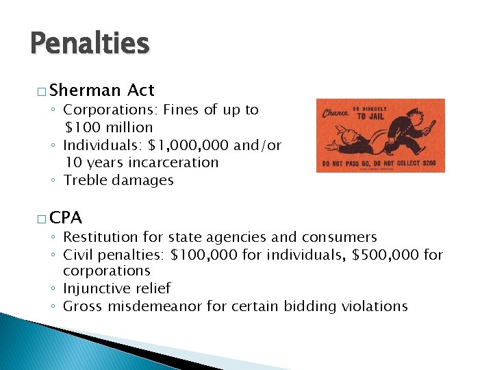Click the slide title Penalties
(90, 43)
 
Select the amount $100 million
(109, 127)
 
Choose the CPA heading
(66, 219)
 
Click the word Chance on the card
(335, 112)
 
